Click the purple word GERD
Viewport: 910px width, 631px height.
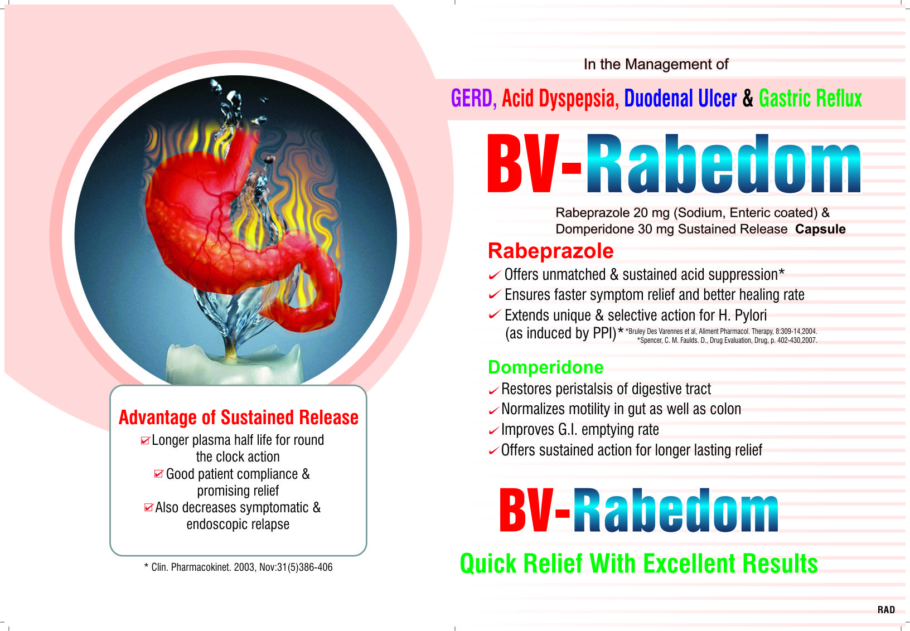point(471,99)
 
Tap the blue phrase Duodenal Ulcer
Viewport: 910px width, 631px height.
point(680,99)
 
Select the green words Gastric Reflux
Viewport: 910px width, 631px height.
point(810,99)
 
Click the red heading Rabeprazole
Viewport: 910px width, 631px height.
point(550,251)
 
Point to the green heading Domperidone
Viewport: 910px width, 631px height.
point(545,367)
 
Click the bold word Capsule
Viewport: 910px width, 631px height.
point(820,229)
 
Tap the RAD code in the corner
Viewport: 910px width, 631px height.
point(886,609)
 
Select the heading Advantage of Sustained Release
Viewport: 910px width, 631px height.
point(239,418)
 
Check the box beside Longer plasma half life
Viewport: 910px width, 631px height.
point(145,440)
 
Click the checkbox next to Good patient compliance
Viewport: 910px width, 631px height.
point(159,474)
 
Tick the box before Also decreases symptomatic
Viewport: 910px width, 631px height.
point(149,507)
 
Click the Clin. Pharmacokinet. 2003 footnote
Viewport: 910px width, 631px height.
point(239,567)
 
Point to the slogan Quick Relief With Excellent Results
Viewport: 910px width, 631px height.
point(638,564)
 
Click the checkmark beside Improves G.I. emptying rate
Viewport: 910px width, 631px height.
point(493,430)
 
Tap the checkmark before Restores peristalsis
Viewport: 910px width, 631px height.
point(493,390)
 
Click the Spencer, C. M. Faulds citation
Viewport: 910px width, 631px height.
point(727,340)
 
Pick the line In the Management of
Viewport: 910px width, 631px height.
point(656,64)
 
